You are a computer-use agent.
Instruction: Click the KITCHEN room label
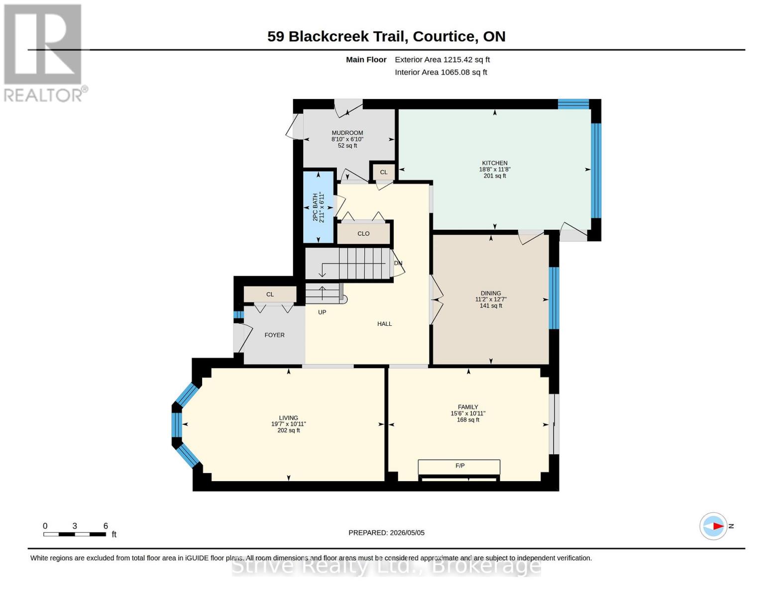pos(494,163)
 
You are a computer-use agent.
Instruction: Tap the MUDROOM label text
pos(347,133)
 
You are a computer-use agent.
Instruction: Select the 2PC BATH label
pos(315,207)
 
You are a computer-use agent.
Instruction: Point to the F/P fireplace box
pos(459,467)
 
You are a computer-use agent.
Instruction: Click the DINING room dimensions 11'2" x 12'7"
pos(491,299)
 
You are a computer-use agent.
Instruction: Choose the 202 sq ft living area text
pos(289,430)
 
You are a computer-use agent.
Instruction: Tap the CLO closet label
pos(363,234)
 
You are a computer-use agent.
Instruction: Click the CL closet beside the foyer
pos(270,295)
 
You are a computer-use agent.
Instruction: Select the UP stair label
pos(322,312)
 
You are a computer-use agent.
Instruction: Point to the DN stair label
pos(398,263)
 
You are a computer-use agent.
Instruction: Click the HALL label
pos(385,323)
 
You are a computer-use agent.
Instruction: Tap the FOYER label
pos(274,335)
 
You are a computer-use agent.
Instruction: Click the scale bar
pos(75,534)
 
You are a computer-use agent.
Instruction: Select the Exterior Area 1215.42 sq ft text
pos(442,60)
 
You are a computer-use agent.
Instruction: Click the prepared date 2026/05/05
pos(407,533)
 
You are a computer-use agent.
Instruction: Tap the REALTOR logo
pos(44,53)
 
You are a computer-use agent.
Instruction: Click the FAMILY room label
pos(468,407)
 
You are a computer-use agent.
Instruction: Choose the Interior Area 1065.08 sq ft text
pos(441,72)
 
